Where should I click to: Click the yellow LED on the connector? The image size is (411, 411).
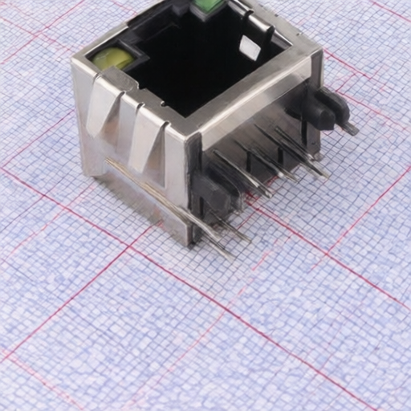[x=112, y=58]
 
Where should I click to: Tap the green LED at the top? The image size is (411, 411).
[x=206, y=7]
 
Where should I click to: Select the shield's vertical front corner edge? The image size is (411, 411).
[x=193, y=185]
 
